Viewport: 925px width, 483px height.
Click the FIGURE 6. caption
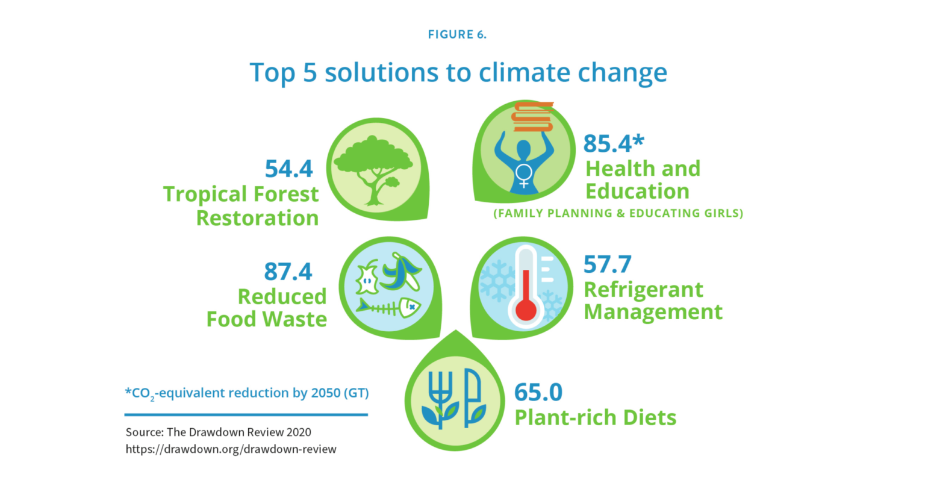(457, 34)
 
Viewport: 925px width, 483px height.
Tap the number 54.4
(289, 169)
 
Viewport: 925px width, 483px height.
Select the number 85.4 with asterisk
(613, 143)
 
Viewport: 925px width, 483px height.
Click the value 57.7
(607, 264)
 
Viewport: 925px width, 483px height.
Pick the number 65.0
(538, 392)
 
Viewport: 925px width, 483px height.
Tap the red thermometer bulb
(526, 310)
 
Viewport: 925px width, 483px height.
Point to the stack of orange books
(532, 117)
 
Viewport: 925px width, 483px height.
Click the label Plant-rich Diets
(595, 417)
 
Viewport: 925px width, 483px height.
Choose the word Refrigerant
(643, 290)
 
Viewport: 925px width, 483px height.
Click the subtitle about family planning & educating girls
(618, 213)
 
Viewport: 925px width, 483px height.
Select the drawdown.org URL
(231, 449)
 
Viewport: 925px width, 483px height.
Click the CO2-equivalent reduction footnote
(247, 393)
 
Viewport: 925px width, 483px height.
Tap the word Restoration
(257, 218)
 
